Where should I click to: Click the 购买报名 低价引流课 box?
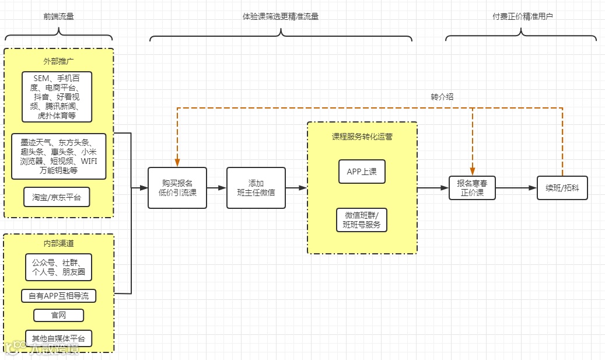177,188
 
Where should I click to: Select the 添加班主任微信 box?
256,188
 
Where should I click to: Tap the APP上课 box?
362,172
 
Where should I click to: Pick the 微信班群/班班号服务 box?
362,220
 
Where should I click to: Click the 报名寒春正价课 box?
472,188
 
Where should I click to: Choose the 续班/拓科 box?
562,188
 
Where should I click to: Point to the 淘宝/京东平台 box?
57,197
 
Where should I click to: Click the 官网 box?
58,316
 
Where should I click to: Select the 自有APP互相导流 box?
58,296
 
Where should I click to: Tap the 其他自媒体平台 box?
58,338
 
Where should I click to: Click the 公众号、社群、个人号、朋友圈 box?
58,267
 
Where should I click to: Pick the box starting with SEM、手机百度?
57,96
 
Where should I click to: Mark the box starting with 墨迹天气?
58,156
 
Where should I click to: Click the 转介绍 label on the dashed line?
442,97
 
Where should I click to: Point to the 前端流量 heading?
58,16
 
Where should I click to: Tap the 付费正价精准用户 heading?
522,16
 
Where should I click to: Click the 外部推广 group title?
58,61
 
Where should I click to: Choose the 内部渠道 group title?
58,243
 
